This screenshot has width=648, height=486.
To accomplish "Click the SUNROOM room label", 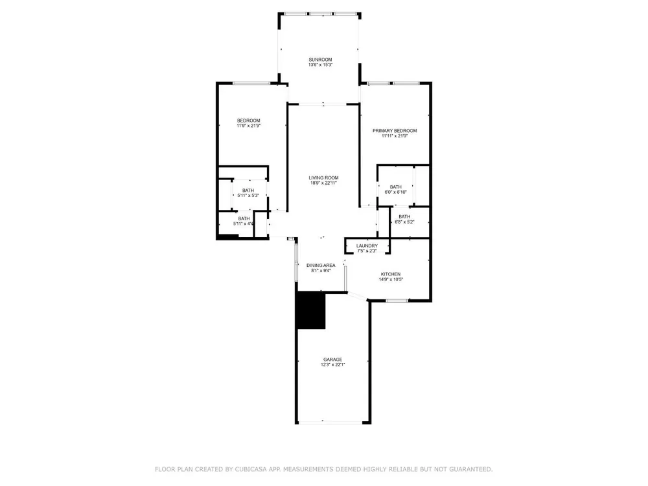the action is coord(320,60).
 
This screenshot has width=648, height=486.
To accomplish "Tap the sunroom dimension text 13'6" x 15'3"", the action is coord(320,65).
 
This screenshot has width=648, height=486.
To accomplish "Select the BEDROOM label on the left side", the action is coord(248,121).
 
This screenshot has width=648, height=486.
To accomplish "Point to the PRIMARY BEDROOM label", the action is coord(395,131).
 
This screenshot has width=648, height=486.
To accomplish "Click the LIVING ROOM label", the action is coord(323,178).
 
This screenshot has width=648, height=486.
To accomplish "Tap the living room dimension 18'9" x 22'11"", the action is coord(323,183).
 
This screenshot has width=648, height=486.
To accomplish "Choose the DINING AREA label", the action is coord(321,265).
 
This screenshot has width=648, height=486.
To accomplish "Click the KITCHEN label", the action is coord(391,274).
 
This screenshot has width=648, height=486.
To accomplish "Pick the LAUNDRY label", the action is coord(367,246).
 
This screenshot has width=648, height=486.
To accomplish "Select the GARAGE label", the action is coord(332,360).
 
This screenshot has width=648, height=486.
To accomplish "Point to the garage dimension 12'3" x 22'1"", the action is coord(332,364).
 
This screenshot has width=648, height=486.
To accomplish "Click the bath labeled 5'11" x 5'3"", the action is coord(248,193).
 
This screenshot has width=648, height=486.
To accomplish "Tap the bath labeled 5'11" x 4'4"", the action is coord(244,221).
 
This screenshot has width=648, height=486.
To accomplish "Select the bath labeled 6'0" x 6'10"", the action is coord(395,189).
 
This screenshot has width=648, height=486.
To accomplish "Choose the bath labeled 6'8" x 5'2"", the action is coord(404,219).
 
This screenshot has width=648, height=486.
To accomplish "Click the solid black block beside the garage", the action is coord(311,310).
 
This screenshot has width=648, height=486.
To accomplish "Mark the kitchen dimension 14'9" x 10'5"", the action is coord(391,279).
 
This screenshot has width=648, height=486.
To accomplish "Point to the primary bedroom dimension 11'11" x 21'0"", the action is coord(395,135).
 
